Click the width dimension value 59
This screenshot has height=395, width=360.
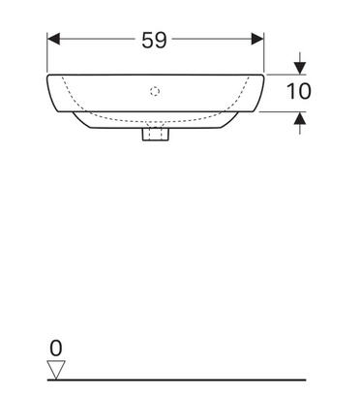tap(154, 40)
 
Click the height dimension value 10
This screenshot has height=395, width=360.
tap(299, 91)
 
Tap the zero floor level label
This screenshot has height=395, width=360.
tap(56, 349)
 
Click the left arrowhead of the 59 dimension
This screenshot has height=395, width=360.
tap(53, 39)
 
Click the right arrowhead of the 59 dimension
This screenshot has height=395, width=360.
tap(257, 39)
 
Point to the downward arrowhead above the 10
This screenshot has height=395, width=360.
tap(300, 68)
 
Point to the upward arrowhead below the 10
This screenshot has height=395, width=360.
tap(300, 118)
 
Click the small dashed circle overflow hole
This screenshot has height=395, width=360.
tap(155, 92)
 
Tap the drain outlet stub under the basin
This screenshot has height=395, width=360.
tap(156, 135)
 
